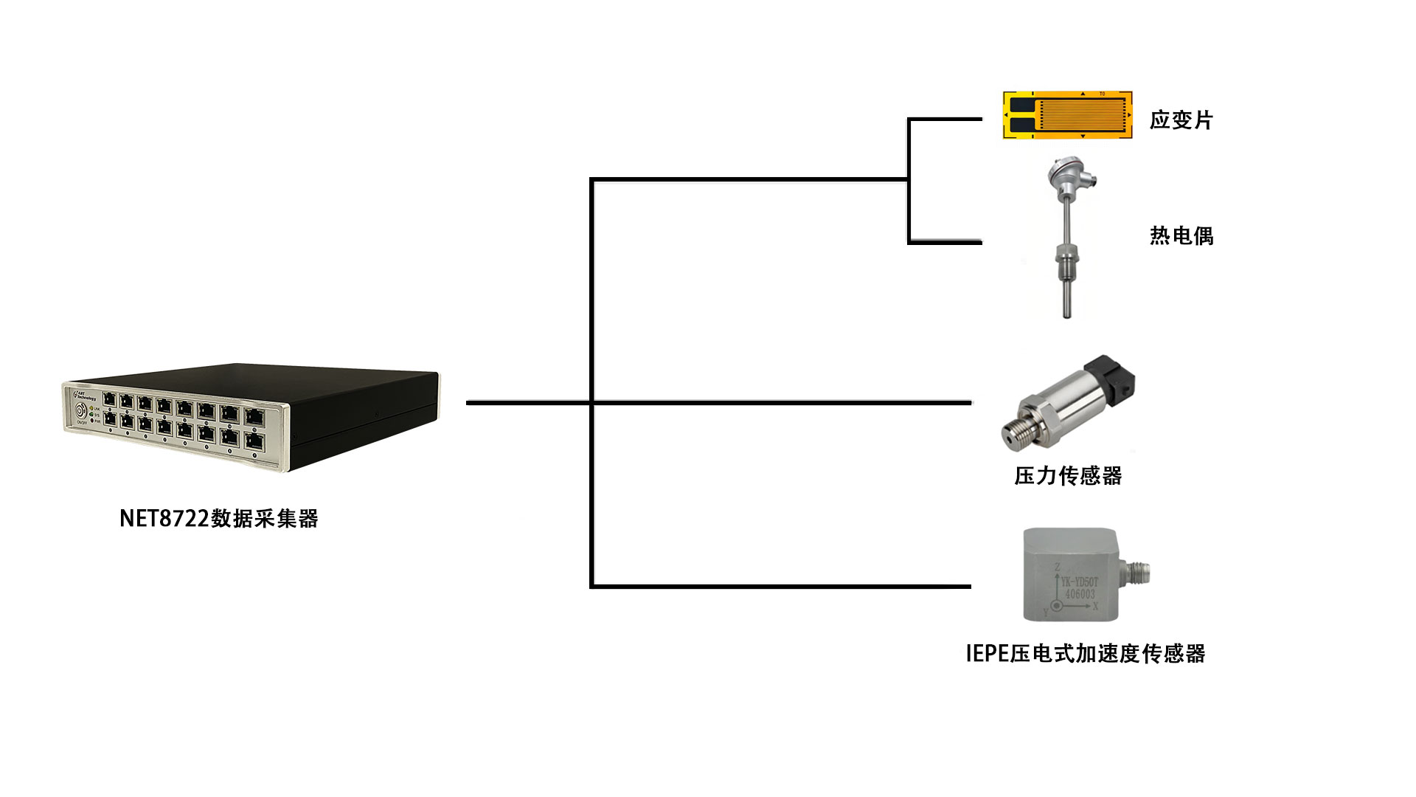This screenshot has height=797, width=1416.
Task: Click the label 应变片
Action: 1181,120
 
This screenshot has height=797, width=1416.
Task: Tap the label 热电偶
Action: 1181,235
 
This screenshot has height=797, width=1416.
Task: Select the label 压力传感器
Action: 1068,476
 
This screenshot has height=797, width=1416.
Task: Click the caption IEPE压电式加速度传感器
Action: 1085,653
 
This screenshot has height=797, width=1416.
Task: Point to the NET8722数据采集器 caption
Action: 218,519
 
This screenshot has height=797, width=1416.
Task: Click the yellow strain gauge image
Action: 1067,115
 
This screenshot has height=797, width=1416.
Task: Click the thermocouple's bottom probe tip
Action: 1066,310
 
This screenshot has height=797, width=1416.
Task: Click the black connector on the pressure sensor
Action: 1115,376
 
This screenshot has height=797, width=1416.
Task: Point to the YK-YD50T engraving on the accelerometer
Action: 1080,582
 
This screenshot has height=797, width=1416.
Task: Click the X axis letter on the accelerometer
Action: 1095,607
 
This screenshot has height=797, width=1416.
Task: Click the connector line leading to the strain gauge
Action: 944,119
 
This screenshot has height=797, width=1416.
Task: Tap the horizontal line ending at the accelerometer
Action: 782,587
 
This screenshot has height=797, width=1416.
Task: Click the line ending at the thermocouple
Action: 944,241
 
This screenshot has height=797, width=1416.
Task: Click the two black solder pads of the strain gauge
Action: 1019,115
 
